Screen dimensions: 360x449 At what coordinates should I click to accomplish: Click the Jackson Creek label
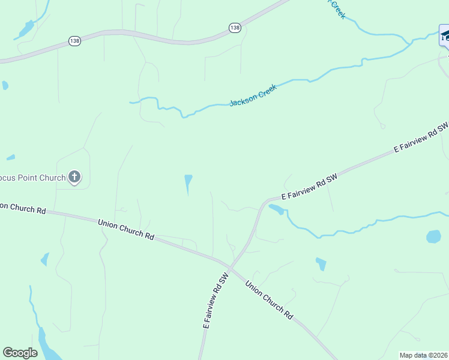[x=253, y=95]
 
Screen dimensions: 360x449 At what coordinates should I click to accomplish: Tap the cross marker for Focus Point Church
[x=74, y=177]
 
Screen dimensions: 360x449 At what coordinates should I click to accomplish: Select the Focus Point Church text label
[x=32, y=178]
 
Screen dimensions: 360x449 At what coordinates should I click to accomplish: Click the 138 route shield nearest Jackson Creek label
[x=235, y=28]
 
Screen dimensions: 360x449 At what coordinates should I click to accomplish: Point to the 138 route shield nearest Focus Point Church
[x=74, y=41]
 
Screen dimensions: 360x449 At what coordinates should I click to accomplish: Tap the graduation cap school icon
[x=445, y=35]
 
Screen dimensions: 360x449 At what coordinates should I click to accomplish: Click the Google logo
[x=20, y=352]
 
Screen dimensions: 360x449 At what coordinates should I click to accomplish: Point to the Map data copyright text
[x=424, y=355]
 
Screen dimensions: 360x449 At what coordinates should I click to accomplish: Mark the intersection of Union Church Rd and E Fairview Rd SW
[x=231, y=266]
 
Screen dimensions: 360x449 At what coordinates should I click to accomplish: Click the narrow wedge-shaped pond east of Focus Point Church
[x=188, y=184]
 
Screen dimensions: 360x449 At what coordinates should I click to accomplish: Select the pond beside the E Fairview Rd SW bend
[x=277, y=209]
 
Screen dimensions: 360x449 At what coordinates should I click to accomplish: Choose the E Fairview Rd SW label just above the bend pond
[x=310, y=187]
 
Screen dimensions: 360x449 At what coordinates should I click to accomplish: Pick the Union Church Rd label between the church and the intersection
[x=125, y=229]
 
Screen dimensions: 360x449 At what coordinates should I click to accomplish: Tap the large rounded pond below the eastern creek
[x=433, y=236]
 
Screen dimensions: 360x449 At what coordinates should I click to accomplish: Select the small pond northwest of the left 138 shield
[x=26, y=28]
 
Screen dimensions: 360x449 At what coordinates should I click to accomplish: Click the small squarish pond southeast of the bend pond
[x=321, y=263]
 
